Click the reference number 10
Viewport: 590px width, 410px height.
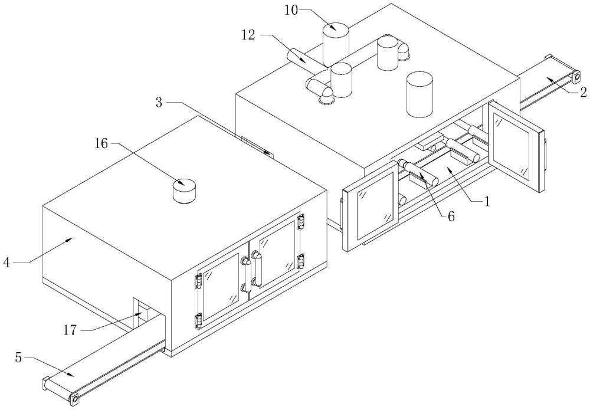click(291, 10)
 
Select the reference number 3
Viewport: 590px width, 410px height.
click(159, 102)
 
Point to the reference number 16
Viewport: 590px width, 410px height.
click(101, 143)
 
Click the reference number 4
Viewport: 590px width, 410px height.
click(6, 262)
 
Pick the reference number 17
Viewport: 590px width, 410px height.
click(70, 330)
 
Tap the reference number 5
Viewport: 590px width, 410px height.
click(18, 357)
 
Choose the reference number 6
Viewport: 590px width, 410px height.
click(450, 216)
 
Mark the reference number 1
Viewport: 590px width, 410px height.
click(487, 202)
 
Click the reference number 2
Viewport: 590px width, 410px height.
click(583, 92)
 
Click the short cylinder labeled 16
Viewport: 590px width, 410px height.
click(185, 191)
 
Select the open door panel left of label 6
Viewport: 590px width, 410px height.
click(371, 206)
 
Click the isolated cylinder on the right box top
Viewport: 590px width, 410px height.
click(419, 94)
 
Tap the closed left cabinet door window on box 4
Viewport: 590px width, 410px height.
click(219, 287)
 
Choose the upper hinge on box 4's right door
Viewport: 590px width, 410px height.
click(301, 221)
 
